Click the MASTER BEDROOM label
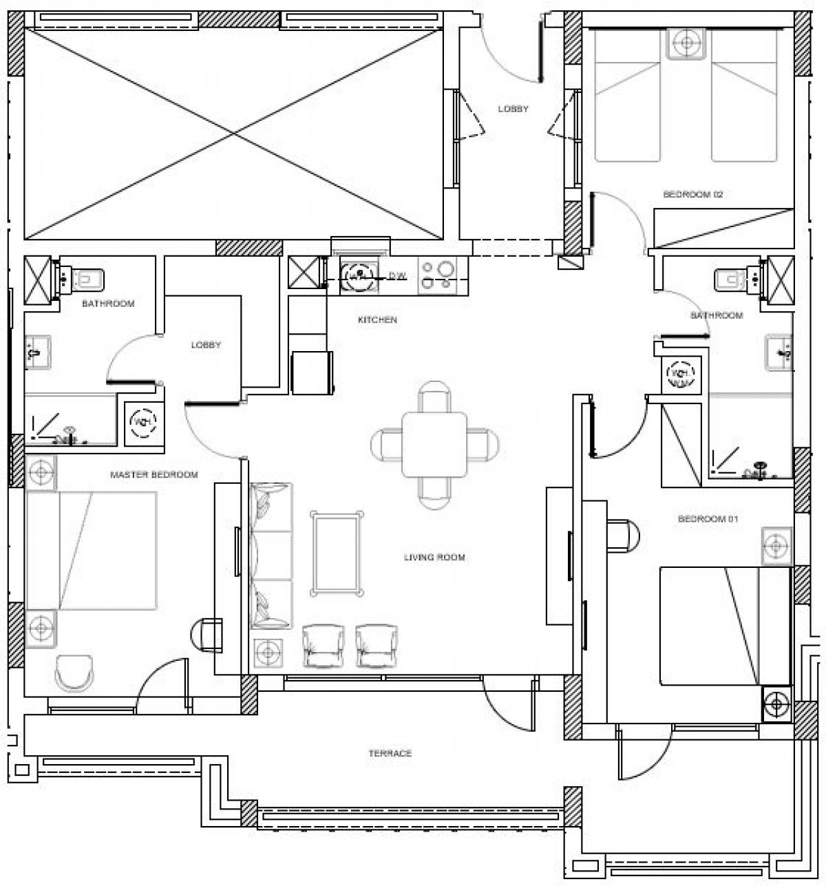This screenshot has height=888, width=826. pyautogui.click(x=154, y=475)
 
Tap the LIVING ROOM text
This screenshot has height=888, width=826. pyautogui.click(x=434, y=557)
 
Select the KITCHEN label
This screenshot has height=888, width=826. pyautogui.click(x=377, y=320)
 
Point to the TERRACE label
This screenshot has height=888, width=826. pyautogui.click(x=390, y=754)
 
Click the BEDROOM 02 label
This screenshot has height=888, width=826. pyautogui.click(x=693, y=195)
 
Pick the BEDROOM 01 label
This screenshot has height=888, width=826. pyautogui.click(x=708, y=519)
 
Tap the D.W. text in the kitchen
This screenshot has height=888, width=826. pyautogui.click(x=398, y=276)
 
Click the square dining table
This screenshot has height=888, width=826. pyautogui.click(x=434, y=444)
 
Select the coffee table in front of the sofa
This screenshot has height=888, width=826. pyautogui.click(x=337, y=552)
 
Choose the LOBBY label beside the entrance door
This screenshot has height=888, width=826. pyautogui.click(x=513, y=109)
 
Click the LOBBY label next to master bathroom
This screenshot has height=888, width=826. pyautogui.click(x=206, y=345)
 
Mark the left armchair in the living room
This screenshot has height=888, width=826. pyautogui.click(x=322, y=646)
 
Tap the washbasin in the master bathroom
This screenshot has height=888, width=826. pyautogui.click(x=38, y=350)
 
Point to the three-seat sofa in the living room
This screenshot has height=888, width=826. pyautogui.click(x=271, y=556)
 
